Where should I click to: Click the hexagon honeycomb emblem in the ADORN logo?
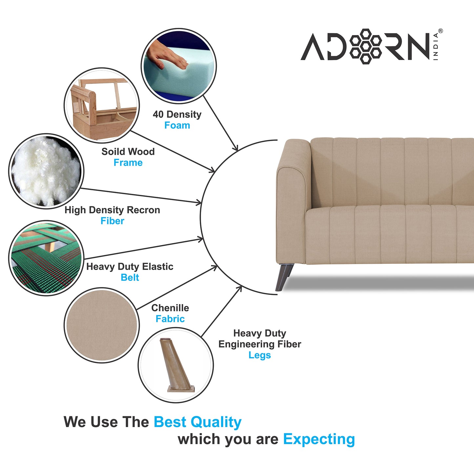point(365,47)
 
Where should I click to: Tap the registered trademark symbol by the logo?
point(441,31)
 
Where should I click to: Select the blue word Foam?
point(177,125)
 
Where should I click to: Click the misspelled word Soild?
point(112,152)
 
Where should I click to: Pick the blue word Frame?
point(128,163)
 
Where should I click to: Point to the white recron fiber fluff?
point(46,171)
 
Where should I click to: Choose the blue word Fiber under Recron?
point(113,221)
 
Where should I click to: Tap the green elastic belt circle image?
point(46,258)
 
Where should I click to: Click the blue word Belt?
point(130,278)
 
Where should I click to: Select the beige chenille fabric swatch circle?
point(102,325)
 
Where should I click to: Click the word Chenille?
point(170,308)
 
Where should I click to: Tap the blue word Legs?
point(259,355)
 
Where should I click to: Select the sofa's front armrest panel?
point(291,216)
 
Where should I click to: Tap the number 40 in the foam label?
point(158,114)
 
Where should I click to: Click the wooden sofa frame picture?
point(102,105)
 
